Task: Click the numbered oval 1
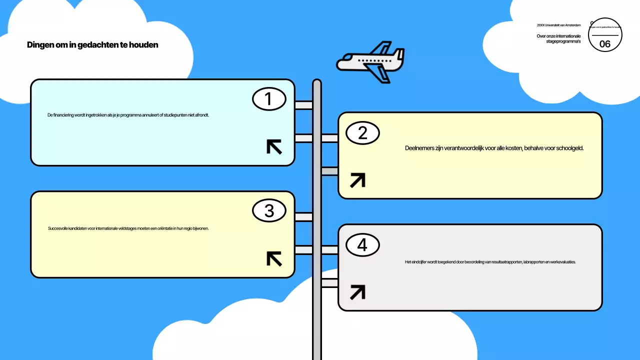[268, 99]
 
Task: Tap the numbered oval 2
[362, 132]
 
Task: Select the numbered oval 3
[268, 211]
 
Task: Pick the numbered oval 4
[362, 245]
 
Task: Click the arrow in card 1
[274, 146]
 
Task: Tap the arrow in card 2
[357, 180]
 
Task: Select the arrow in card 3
[274, 258]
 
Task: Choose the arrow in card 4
[357, 292]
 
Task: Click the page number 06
[605, 44]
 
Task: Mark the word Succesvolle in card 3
[58, 228]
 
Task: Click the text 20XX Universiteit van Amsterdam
[559, 25]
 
